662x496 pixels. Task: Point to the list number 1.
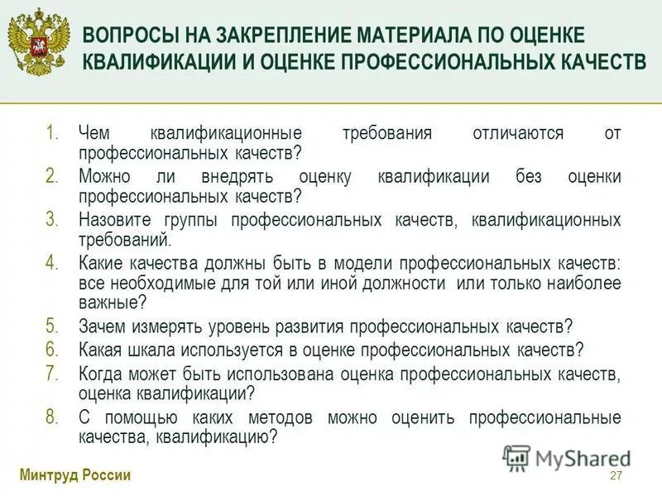point(52,133)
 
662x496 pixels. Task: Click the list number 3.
point(52,220)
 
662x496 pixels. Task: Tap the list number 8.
point(52,417)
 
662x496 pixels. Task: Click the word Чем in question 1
point(93,134)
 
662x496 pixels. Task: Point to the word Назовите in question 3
point(113,221)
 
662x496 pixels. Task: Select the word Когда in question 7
point(101,374)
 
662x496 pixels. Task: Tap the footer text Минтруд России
point(74,475)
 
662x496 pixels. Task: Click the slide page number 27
point(615,475)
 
